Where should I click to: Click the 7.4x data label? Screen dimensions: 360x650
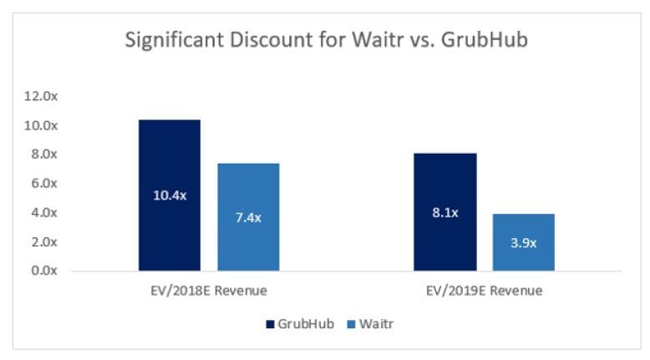point(248,217)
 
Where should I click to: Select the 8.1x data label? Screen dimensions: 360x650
point(444,212)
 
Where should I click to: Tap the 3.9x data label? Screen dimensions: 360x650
point(523,243)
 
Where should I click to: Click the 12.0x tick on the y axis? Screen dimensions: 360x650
point(42,97)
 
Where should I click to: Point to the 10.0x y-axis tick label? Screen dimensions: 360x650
point(42,125)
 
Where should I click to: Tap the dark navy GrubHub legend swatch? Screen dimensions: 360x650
point(269,322)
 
